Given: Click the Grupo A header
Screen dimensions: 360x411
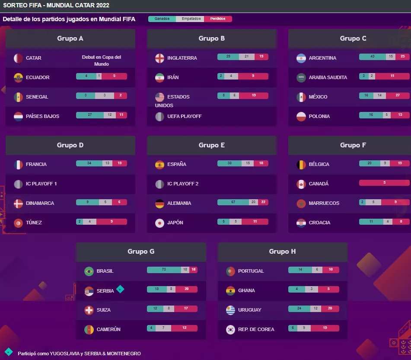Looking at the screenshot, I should pyautogui.click(x=70, y=38).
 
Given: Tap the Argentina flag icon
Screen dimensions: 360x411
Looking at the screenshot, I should pyautogui.click(x=301, y=58).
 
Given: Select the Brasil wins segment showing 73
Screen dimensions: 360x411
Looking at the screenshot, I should pyautogui.click(x=164, y=270).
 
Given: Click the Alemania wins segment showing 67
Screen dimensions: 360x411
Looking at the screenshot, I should pyautogui.click(x=233, y=202).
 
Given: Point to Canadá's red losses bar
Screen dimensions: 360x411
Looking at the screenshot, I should pyautogui.click(x=384, y=183).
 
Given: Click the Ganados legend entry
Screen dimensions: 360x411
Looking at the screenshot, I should pyautogui.click(x=162, y=19).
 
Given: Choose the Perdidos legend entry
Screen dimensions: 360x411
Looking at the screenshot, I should pyautogui.click(x=218, y=19).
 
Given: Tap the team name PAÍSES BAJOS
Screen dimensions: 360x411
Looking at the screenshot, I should pyautogui.click(x=42, y=116).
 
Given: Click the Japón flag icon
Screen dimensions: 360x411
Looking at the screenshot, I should pyautogui.click(x=160, y=223).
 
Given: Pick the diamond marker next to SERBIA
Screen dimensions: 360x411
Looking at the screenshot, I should pyautogui.click(x=121, y=289).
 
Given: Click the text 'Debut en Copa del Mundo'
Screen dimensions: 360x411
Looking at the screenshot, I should pyautogui.click(x=102, y=61).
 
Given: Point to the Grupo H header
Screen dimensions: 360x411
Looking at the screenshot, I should pyautogui.click(x=282, y=251).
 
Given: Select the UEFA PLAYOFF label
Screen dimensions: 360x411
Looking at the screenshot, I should pyautogui.click(x=185, y=116).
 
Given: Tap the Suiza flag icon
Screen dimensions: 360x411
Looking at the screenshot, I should pyautogui.click(x=89, y=310).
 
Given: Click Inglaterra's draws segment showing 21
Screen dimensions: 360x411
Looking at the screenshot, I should pyautogui.click(x=247, y=57).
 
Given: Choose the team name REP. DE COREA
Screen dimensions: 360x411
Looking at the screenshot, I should pyautogui.click(x=256, y=329).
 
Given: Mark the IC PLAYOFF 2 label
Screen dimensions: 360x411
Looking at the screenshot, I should pyautogui.click(x=183, y=184).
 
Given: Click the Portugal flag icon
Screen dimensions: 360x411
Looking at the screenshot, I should pyautogui.click(x=231, y=271).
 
